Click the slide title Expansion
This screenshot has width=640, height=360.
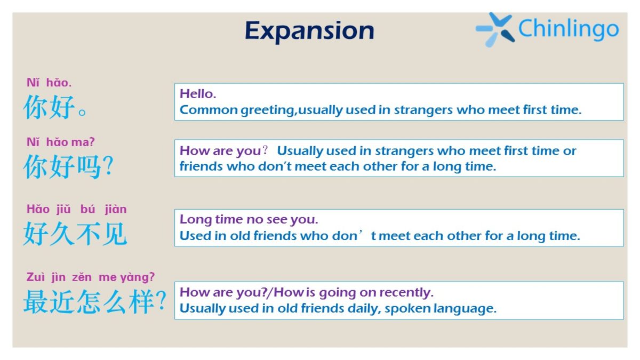pyautogui.click(x=309, y=31)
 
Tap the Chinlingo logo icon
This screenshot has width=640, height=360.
pyautogui.click(x=495, y=29)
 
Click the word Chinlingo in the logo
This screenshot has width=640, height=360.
pyautogui.click(x=569, y=29)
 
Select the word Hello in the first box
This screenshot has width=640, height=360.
pyautogui.click(x=198, y=94)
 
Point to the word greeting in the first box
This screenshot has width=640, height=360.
pyautogui.click(x=268, y=110)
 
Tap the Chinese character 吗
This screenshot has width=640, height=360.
pyautogui.click(x=89, y=166)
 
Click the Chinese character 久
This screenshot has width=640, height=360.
pyautogui.click(x=62, y=234)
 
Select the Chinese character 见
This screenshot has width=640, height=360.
pyautogui.click(x=114, y=234)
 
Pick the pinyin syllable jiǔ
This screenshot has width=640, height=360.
pyautogui.click(x=63, y=210)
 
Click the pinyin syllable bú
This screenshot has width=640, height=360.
pyautogui.click(x=87, y=209)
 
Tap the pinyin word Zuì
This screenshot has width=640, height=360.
pyautogui.click(x=36, y=277)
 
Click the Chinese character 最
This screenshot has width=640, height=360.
pyautogui.click(x=35, y=302)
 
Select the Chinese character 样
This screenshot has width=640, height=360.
pyautogui.click(x=141, y=302)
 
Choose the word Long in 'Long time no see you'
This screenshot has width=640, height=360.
pyautogui.click(x=196, y=220)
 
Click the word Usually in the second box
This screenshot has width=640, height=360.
pyautogui.click(x=300, y=151)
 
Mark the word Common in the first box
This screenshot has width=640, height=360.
pyautogui.click(x=209, y=110)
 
